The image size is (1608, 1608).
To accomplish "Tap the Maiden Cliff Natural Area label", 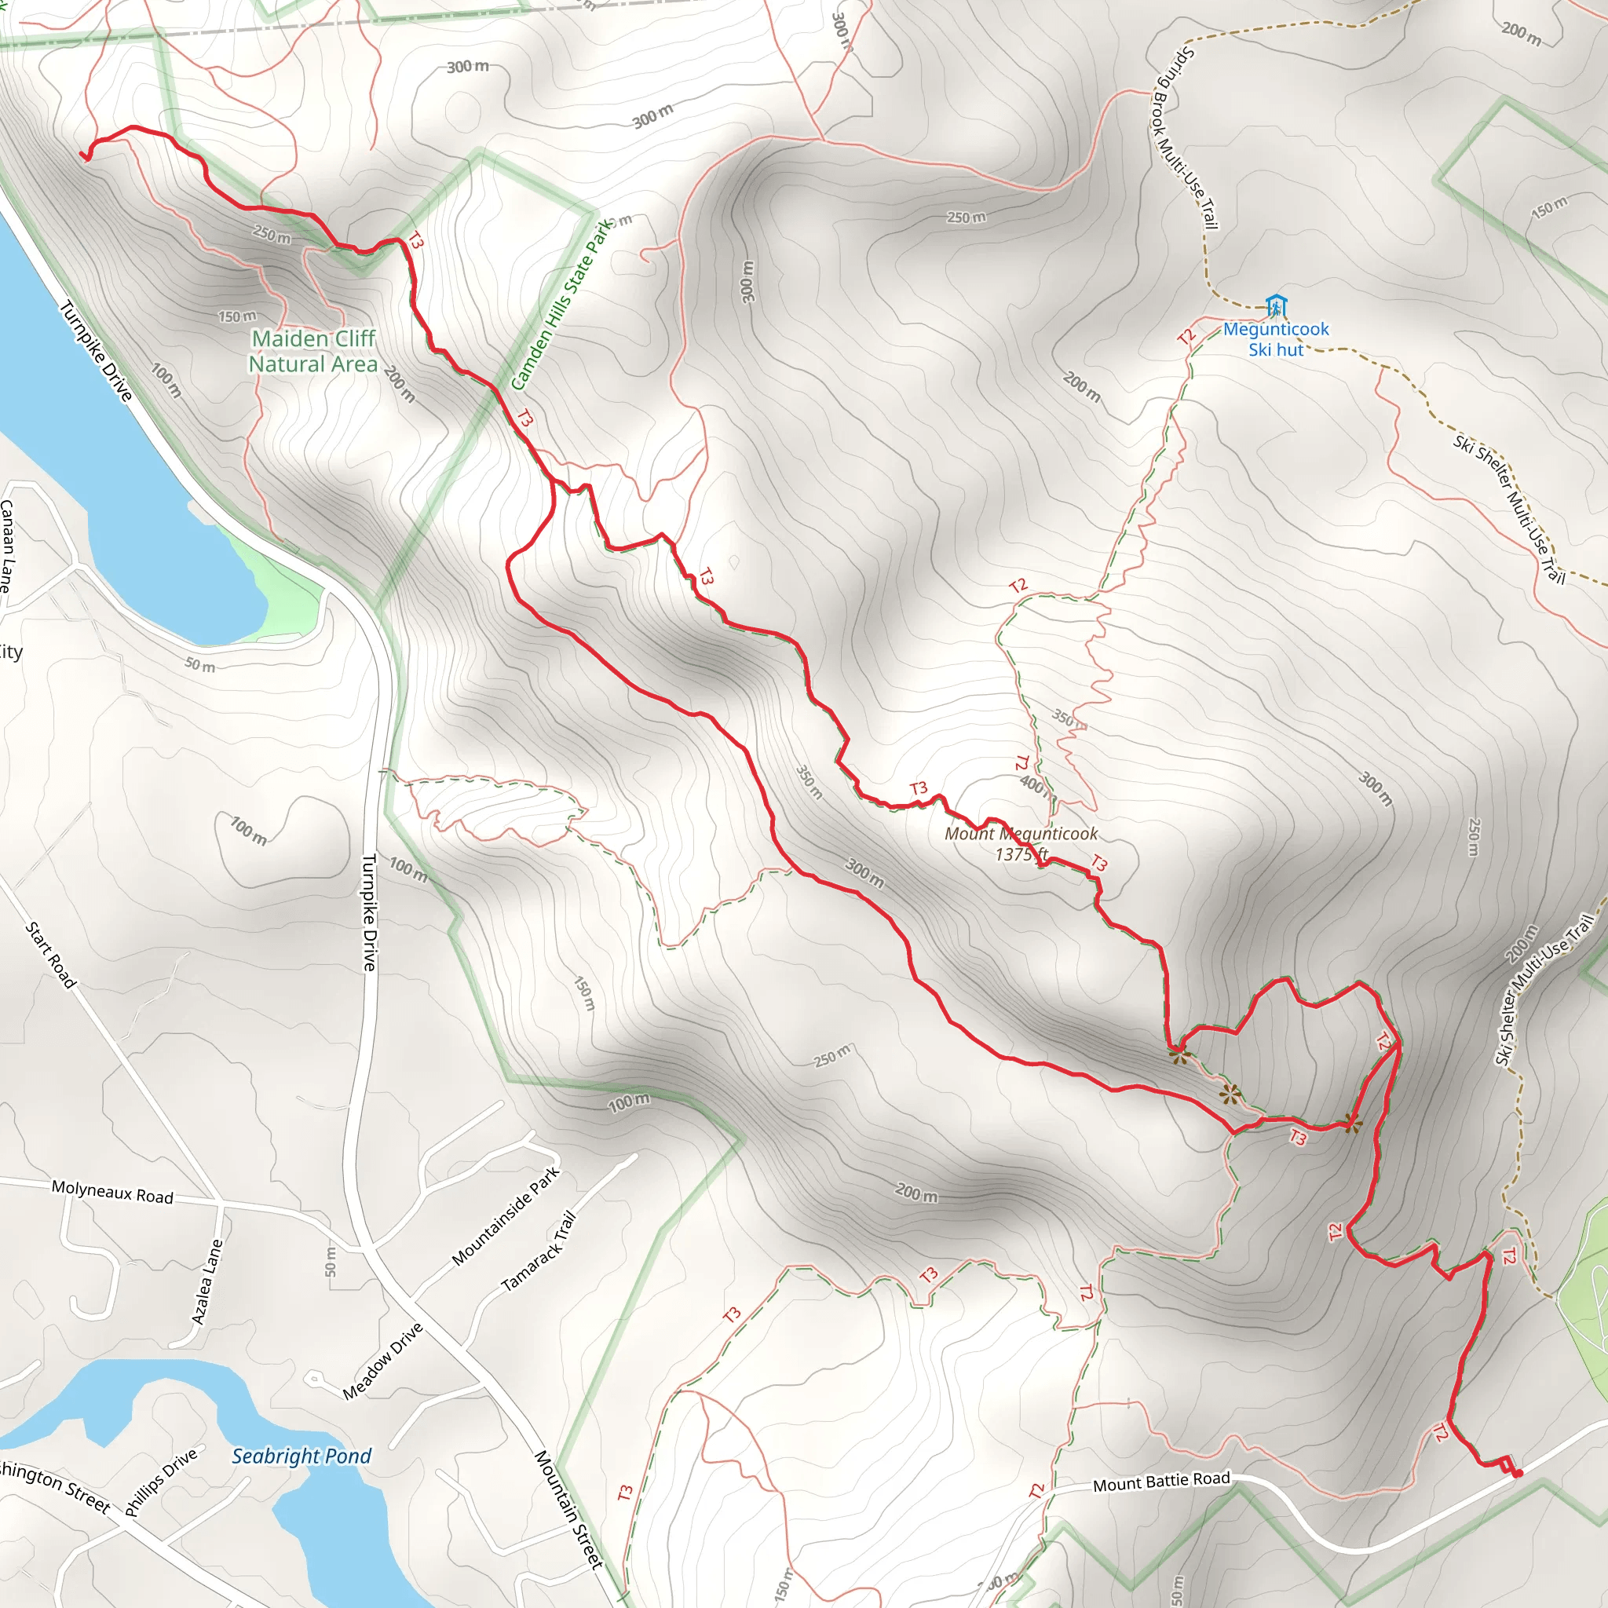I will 313,351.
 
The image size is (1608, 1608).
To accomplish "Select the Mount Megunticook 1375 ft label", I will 1021,843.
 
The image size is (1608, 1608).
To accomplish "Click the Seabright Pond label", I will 301,1456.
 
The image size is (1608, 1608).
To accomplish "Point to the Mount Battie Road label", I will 1161,1482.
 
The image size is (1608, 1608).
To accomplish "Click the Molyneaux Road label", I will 112,1192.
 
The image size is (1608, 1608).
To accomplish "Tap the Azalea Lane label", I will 207,1281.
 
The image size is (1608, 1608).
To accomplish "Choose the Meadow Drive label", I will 383,1361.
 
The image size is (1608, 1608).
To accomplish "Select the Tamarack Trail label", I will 539,1251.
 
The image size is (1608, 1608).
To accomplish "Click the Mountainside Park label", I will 506,1217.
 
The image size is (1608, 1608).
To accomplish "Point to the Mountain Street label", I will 568,1510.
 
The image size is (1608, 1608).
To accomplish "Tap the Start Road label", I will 51,955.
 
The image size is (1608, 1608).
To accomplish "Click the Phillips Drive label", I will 162,1481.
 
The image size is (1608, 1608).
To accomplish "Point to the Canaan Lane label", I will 6,545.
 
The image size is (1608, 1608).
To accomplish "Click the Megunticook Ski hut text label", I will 1275,339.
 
